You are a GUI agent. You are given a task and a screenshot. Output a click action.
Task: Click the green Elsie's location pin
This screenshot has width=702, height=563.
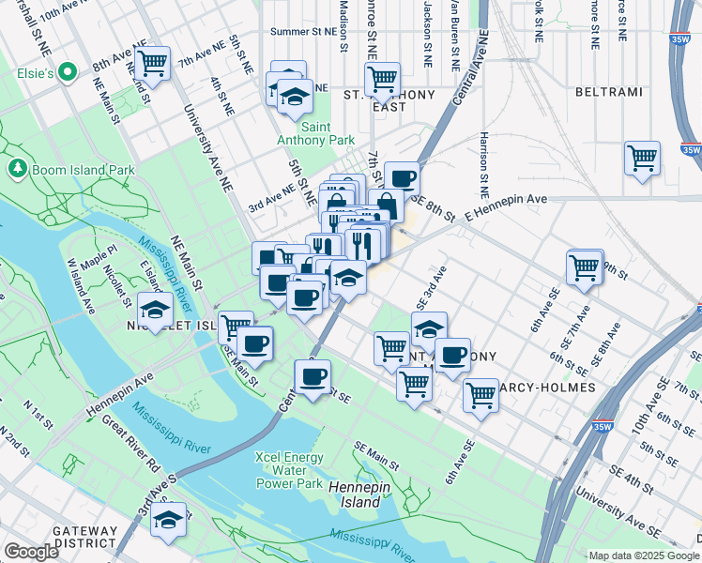(67, 72)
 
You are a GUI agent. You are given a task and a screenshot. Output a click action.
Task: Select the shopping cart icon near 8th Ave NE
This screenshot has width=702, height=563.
(151, 64)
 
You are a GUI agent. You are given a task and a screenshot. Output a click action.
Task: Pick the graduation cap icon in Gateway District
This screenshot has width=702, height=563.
(168, 519)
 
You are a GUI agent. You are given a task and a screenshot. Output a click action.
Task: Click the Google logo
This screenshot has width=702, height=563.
(32, 552)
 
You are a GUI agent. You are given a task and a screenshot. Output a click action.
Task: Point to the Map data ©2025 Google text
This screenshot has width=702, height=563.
(644, 555)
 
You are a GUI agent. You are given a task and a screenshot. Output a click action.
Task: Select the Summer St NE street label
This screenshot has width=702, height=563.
(303, 32)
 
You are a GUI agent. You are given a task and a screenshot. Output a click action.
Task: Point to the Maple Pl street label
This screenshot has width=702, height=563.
(97, 254)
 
